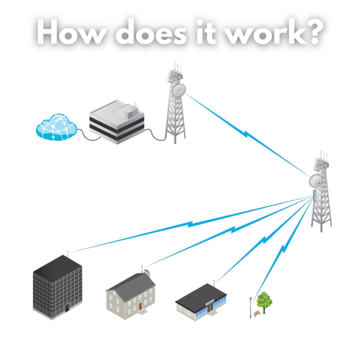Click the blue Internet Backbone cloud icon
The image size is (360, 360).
(x=56, y=128)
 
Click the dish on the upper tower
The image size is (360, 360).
(x=179, y=90)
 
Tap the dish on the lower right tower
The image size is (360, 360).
(x=316, y=181)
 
